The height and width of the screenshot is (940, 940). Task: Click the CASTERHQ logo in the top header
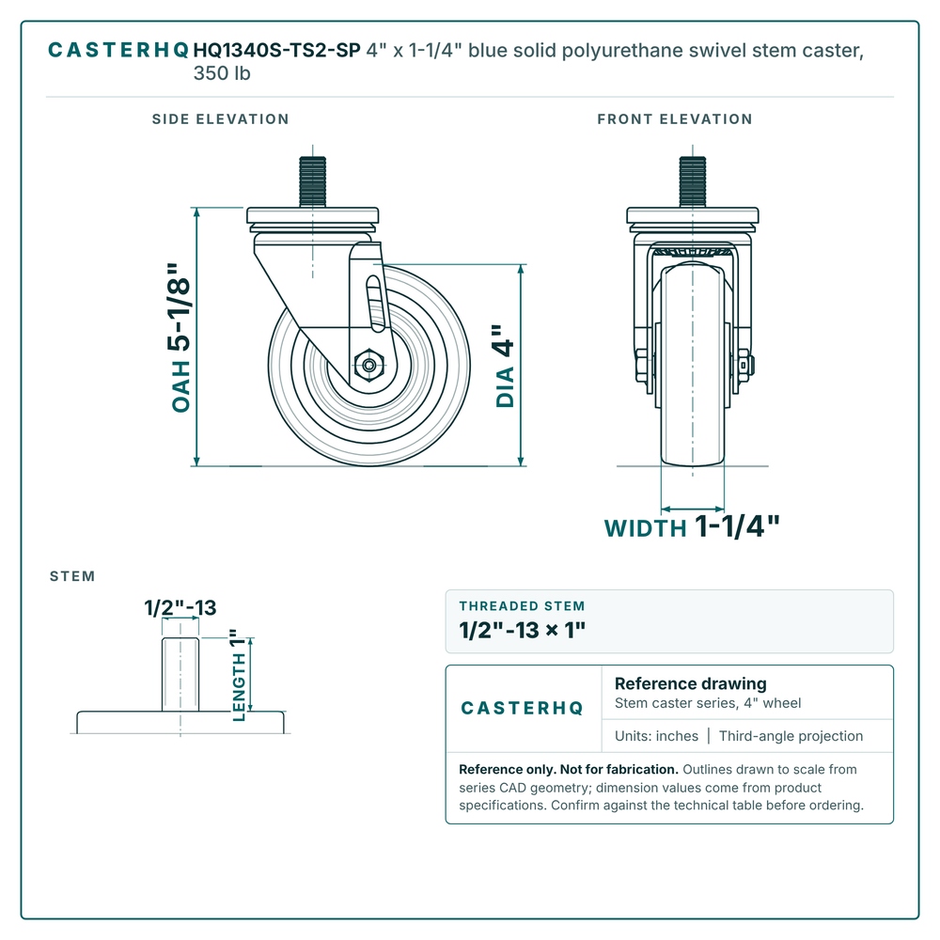click(x=118, y=50)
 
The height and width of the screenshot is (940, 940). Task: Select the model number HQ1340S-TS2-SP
click(x=277, y=50)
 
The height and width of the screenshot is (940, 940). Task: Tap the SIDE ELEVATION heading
click(x=221, y=119)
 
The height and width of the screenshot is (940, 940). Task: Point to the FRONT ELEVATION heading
click(x=674, y=119)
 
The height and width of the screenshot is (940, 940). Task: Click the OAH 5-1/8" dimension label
click(x=180, y=337)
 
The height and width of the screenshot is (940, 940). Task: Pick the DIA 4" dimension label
click(x=505, y=367)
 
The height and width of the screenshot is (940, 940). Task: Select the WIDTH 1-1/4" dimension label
click(x=692, y=526)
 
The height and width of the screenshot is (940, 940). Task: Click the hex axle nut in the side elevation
click(x=369, y=365)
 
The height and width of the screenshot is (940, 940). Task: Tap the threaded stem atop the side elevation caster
click(x=312, y=181)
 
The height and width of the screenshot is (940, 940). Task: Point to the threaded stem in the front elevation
click(x=693, y=181)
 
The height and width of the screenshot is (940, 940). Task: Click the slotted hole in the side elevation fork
click(x=375, y=304)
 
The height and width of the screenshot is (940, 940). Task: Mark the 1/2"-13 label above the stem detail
click(x=180, y=607)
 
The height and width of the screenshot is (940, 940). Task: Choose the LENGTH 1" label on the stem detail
click(x=239, y=675)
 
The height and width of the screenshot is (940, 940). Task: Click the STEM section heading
click(x=72, y=576)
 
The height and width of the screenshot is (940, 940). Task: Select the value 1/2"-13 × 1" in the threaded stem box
click(x=522, y=630)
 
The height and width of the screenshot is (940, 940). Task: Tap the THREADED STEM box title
click(x=522, y=606)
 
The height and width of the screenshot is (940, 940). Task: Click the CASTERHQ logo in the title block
click(x=522, y=708)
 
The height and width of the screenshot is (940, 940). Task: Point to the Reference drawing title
click(x=691, y=683)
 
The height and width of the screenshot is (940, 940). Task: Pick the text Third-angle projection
click(x=791, y=736)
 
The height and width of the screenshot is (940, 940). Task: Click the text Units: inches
click(x=656, y=736)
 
